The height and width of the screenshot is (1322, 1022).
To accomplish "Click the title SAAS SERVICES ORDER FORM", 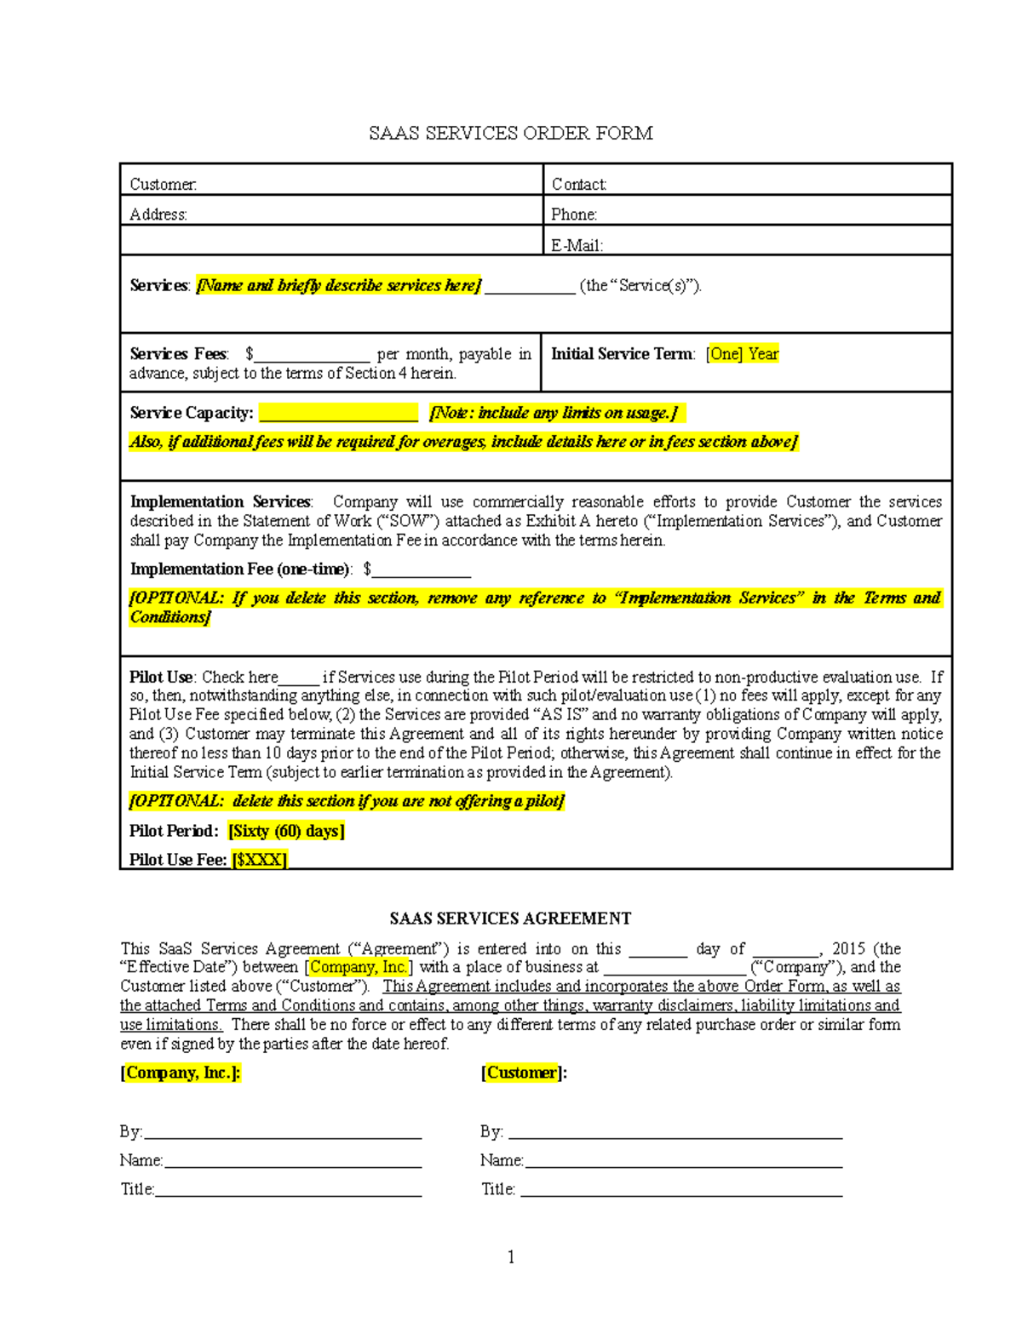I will point(510,133).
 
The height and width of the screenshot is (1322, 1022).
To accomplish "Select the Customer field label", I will point(163,185).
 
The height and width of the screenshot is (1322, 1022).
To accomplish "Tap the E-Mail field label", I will point(577,245).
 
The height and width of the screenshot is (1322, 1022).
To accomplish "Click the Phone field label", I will point(573,215).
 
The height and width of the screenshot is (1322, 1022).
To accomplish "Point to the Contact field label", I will point(578,185).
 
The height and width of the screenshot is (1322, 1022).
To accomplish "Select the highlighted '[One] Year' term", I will point(743,354).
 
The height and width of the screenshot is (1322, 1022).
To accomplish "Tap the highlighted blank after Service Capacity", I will point(338,414).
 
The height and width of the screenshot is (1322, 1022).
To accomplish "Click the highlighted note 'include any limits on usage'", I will point(554,414).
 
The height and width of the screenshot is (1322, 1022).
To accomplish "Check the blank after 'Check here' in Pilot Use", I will point(298,678).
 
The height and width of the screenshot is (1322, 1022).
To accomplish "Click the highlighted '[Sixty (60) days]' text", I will point(286,831).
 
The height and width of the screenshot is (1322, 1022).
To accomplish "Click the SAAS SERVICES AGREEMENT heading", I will point(510,919).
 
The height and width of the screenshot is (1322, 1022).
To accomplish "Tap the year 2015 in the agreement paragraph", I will point(848,948).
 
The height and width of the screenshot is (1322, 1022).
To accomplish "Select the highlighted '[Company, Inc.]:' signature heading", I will point(181,1073).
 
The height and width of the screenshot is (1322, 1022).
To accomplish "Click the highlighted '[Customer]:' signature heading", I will point(524,1073).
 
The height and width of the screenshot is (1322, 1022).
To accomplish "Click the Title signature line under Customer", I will point(680,1190).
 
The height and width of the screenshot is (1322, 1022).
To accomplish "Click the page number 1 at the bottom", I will point(510,1257).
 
